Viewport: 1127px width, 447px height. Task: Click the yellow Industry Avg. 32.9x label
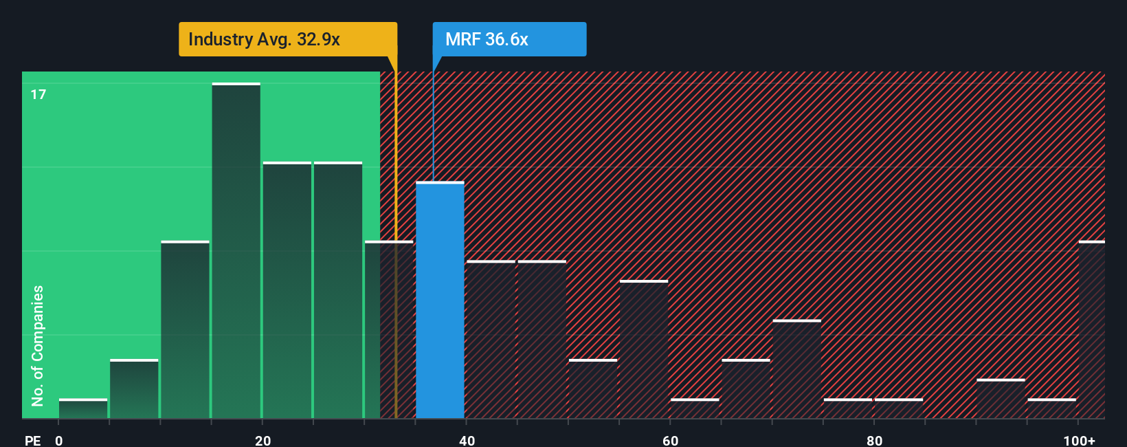click(x=287, y=39)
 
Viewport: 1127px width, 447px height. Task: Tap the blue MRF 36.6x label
click(x=509, y=39)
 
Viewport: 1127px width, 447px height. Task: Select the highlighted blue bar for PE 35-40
click(x=440, y=300)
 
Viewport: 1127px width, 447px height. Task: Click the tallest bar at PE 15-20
click(x=236, y=250)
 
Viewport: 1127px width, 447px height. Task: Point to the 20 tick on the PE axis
click(x=263, y=440)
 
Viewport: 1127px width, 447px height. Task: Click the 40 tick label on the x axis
click(x=467, y=440)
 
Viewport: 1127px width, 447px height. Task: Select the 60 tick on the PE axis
click(x=670, y=440)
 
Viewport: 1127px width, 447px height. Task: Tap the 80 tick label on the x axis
click(x=874, y=440)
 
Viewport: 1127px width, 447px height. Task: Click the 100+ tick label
click(x=1079, y=440)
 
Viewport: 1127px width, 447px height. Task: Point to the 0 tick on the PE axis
click(x=59, y=440)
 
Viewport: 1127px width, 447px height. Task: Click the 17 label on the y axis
click(x=38, y=94)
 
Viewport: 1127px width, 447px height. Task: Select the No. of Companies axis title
click(x=38, y=345)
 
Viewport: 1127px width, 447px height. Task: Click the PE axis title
click(x=32, y=440)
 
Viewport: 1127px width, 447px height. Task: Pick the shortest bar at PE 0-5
click(x=83, y=408)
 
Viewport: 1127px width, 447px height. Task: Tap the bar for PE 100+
click(x=1091, y=329)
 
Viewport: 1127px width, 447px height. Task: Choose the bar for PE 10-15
click(x=185, y=329)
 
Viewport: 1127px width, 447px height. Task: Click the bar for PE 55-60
click(x=643, y=349)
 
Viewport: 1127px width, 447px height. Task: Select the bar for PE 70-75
click(x=796, y=369)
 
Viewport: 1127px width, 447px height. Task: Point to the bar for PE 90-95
click(x=1001, y=399)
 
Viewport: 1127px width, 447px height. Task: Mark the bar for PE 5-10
click(x=134, y=389)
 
